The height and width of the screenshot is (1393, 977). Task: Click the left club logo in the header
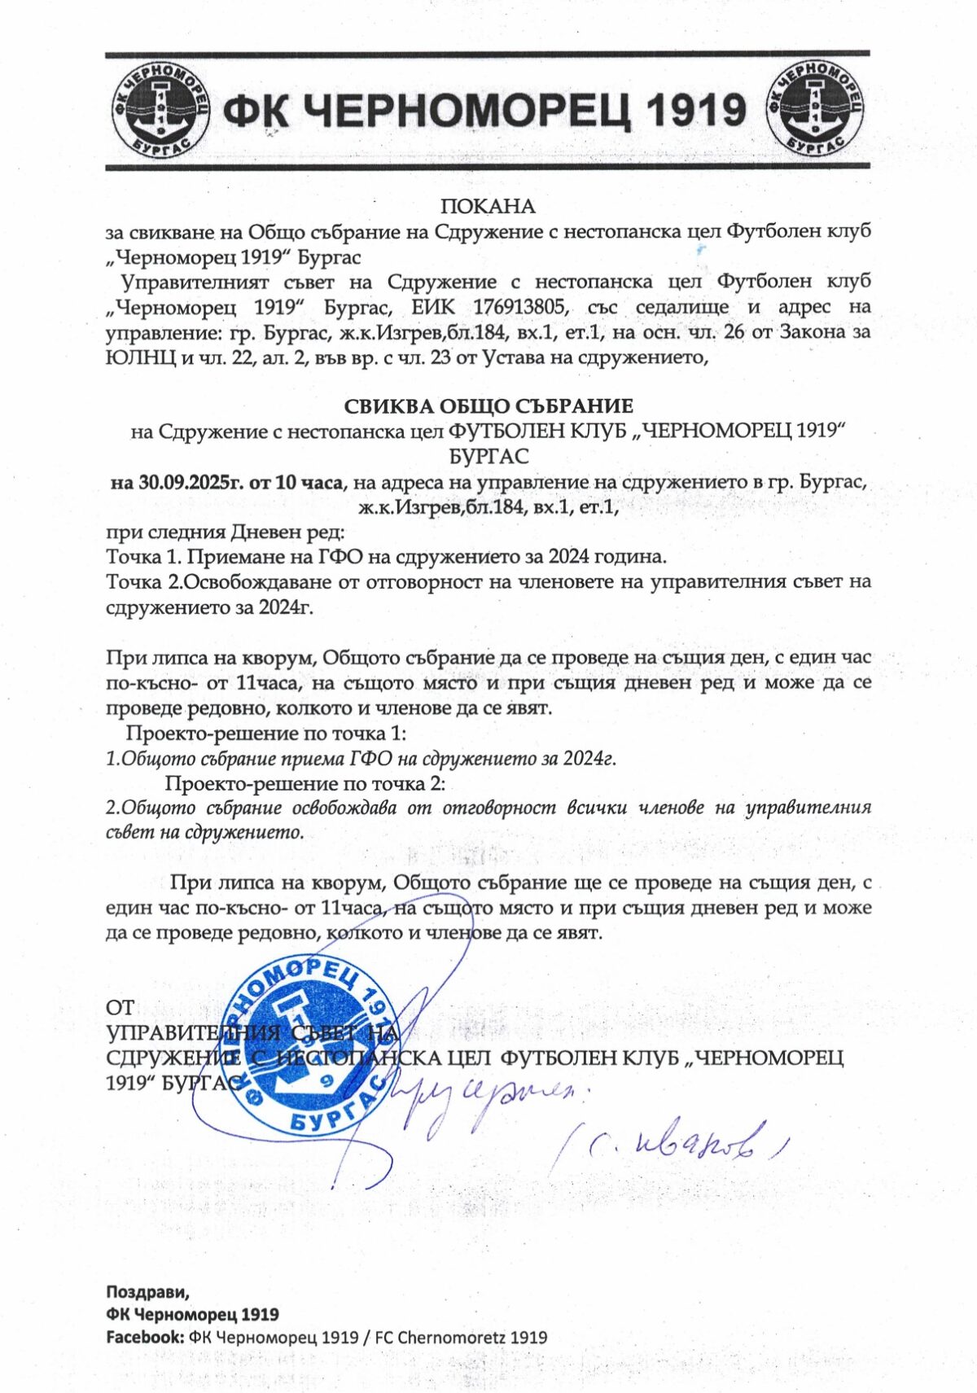tap(160, 110)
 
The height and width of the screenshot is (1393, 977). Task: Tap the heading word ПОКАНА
tap(488, 207)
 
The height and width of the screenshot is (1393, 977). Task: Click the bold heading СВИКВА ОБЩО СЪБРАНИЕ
tap(488, 405)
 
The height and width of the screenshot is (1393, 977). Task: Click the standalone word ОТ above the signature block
tap(120, 1008)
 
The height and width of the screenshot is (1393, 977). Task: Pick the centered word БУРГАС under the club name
tap(488, 456)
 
